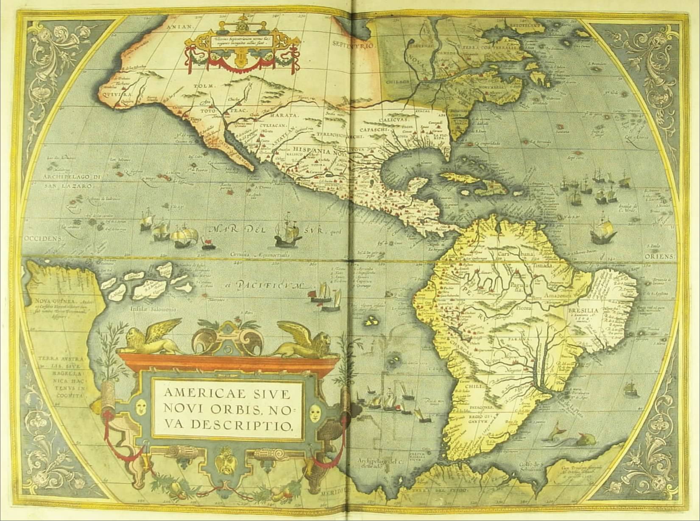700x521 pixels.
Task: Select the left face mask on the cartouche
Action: point(141,408)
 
